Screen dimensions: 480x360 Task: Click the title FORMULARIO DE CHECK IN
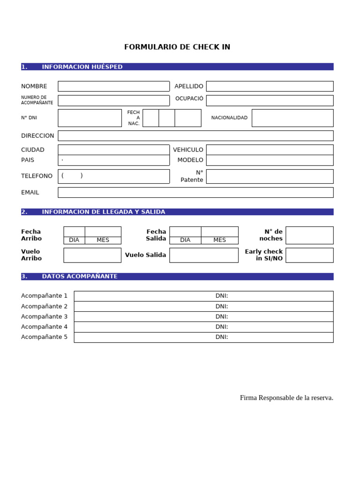click(x=177, y=47)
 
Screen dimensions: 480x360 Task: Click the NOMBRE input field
click(x=113, y=86)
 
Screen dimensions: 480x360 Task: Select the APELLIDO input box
click(x=270, y=86)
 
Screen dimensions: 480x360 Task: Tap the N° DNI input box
click(x=90, y=118)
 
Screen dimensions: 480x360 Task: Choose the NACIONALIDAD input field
click(x=292, y=118)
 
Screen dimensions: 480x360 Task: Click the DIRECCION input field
click(x=195, y=136)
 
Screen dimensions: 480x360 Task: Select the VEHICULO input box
click(x=270, y=150)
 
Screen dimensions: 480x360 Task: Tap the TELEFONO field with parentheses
click(x=113, y=176)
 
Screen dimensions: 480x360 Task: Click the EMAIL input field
click(x=195, y=193)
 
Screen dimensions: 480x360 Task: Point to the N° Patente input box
click(x=270, y=176)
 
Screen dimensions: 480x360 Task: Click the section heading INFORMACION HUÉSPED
click(x=82, y=67)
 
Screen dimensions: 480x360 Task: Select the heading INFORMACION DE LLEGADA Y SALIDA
click(x=103, y=212)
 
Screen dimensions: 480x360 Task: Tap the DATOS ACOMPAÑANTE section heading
click(x=80, y=277)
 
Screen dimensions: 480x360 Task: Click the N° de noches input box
click(x=309, y=235)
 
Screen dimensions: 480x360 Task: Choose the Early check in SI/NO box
click(x=309, y=255)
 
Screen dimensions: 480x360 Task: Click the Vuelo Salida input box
click(x=204, y=255)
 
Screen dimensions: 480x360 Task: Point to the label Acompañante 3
click(x=45, y=316)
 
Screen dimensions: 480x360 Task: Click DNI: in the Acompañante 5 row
click(x=222, y=337)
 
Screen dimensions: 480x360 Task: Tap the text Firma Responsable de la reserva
click(x=286, y=398)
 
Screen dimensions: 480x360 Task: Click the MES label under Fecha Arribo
click(x=103, y=240)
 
